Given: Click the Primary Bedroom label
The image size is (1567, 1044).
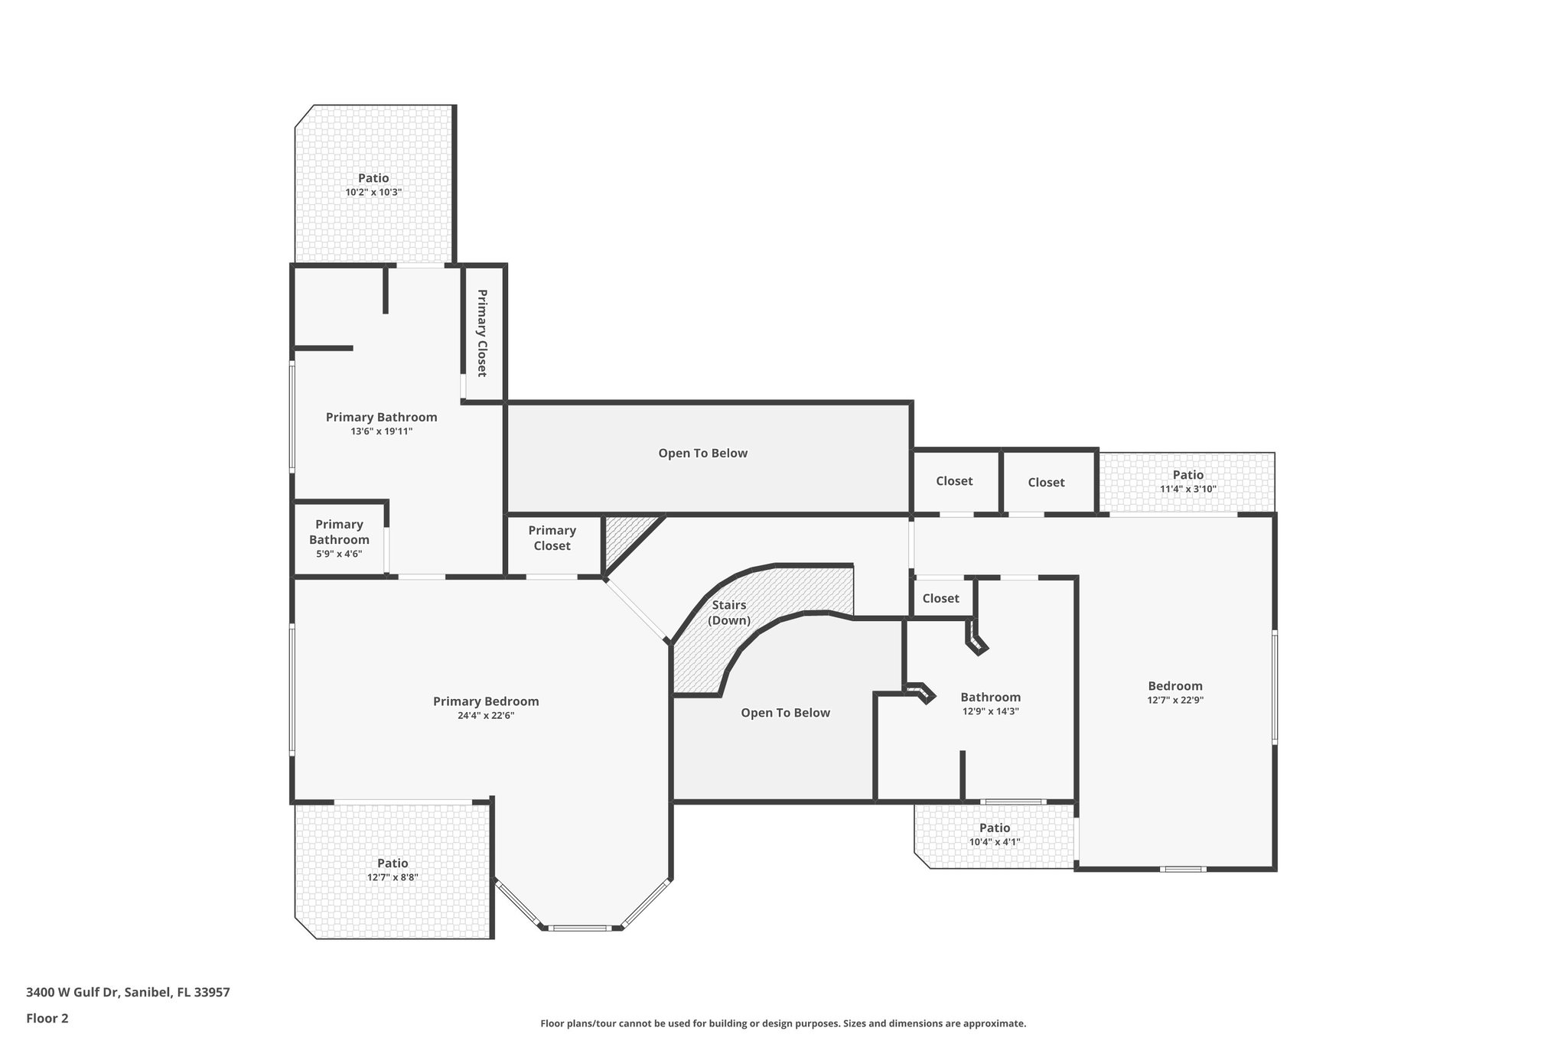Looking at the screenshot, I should (486, 701).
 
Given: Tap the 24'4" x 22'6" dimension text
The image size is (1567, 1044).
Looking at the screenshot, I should (486, 716).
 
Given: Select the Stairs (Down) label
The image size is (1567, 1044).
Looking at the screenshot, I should (728, 613).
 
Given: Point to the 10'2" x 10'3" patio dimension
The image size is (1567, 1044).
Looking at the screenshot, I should (373, 192).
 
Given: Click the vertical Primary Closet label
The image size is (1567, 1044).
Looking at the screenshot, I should (482, 333).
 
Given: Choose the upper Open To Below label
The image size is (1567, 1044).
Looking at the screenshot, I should (702, 453).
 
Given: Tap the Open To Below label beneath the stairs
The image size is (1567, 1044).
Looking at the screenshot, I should (785, 713).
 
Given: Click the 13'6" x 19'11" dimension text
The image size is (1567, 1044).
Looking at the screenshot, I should (381, 431).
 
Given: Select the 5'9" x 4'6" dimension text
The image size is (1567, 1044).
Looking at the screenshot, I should (339, 554).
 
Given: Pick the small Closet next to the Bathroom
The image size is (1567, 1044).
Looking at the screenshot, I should (940, 598).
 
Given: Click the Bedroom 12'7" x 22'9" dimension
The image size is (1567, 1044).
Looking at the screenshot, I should (1175, 700).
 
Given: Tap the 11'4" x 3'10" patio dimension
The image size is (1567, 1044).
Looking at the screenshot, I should (1187, 489).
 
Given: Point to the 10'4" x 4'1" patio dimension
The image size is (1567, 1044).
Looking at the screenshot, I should (995, 842).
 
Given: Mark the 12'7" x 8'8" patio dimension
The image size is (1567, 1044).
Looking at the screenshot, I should (393, 877).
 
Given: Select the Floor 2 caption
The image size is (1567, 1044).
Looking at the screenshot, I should (47, 1018).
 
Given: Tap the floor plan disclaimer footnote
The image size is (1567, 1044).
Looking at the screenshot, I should (783, 1023).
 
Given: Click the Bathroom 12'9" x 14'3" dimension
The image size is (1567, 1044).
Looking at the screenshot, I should (990, 711).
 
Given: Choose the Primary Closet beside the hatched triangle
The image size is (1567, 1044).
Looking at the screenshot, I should (552, 538).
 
